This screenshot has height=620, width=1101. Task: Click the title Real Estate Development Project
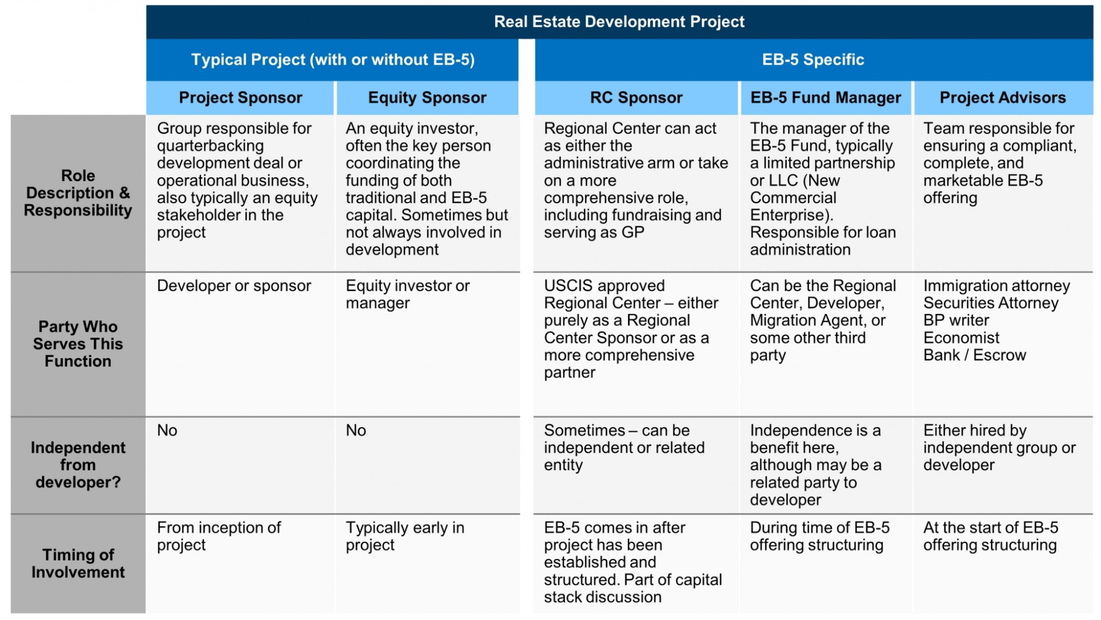(x=619, y=21)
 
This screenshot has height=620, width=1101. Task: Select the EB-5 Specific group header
(x=813, y=59)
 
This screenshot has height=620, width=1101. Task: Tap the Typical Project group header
(x=333, y=59)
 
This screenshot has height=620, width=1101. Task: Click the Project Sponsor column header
(x=240, y=97)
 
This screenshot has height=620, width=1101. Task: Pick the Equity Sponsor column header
(x=427, y=97)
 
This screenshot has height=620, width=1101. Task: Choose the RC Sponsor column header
(x=636, y=97)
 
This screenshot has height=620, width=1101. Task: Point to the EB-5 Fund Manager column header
(x=826, y=97)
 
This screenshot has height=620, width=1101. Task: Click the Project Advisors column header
(x=1002, y=97)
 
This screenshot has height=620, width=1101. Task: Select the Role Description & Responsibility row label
(x=78, y=193)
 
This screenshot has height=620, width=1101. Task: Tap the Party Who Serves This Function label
(x=78, y=344)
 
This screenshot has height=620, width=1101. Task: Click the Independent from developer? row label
(x=78, y=465)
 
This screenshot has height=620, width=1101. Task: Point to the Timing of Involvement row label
(x=78, y=563)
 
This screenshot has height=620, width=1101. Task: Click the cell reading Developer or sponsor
(x=234, y=286)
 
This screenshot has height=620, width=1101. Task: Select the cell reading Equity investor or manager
(x=408, y=294)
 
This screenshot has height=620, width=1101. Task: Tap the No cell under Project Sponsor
(x=167, y=430)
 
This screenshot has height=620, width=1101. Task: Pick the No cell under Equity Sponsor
(x=356, y=430)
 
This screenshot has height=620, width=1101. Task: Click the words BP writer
(x=956, y=320)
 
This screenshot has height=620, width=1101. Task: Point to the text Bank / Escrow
(x=974, y=355)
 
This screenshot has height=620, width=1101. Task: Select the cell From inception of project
(x=219, y=536)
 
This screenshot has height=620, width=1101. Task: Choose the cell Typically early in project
(x=405, y=536)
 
